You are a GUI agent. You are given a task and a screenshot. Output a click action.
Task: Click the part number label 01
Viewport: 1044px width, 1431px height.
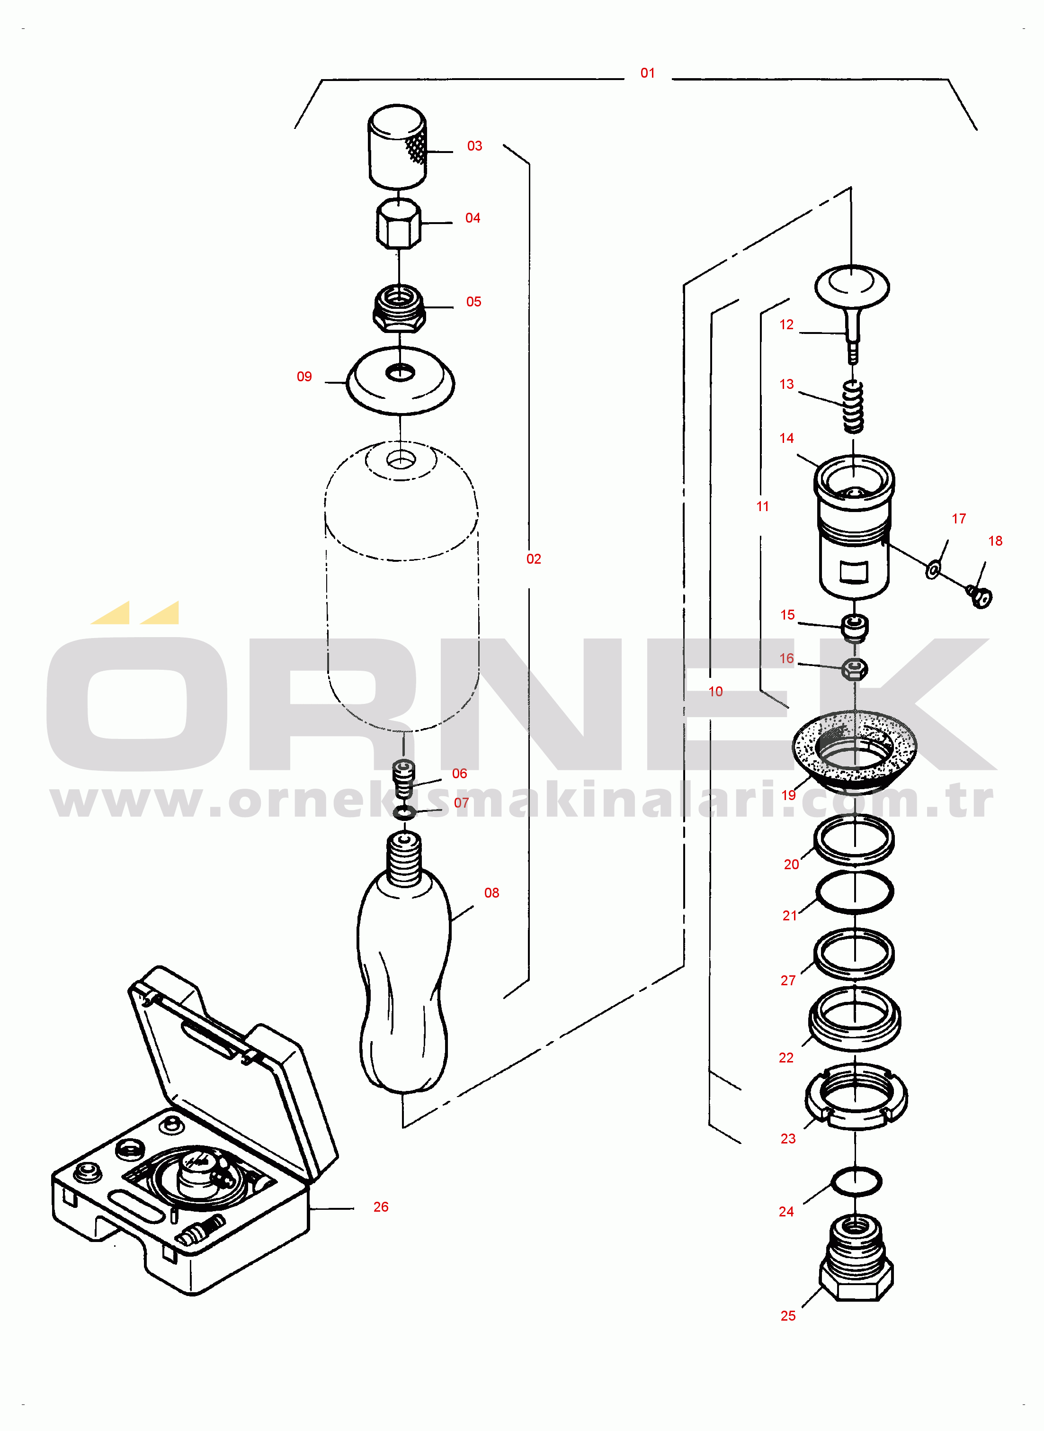pyautogui.click(x=647, y=73)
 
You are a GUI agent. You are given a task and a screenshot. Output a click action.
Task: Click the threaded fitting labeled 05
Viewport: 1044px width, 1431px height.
pyautogui.click(x=399, y=308)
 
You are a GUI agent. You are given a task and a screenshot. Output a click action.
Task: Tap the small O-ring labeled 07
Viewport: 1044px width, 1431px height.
pyautogui.click(x=404, y=812)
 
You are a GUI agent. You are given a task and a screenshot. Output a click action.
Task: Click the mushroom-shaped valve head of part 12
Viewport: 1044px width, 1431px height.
pyautogui.click(x=852, y=286)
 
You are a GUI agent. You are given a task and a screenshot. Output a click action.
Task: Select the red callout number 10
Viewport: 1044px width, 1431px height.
pyautogui.click(x=715, y=692)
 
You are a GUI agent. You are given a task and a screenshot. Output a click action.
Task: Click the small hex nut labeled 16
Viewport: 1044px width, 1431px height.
pyautogui.click(x=855, y=669)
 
